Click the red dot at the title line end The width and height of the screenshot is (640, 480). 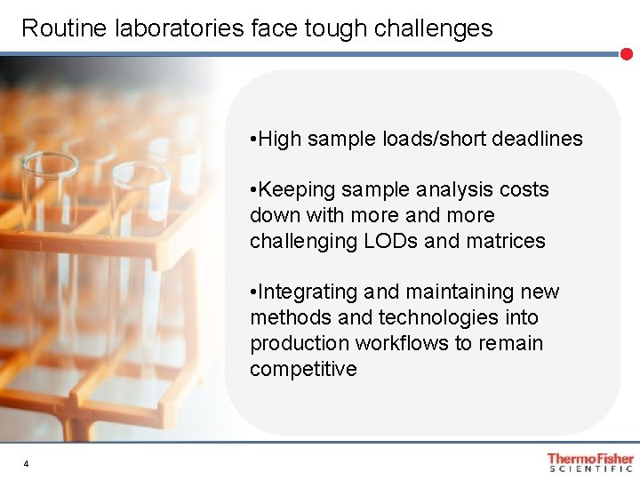click(x=627, y=54)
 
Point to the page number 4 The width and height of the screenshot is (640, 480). click(x=27, y=464)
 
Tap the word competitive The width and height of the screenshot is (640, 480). click(x=303, y=369)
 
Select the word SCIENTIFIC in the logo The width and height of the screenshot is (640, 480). click(x=591, y=468)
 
